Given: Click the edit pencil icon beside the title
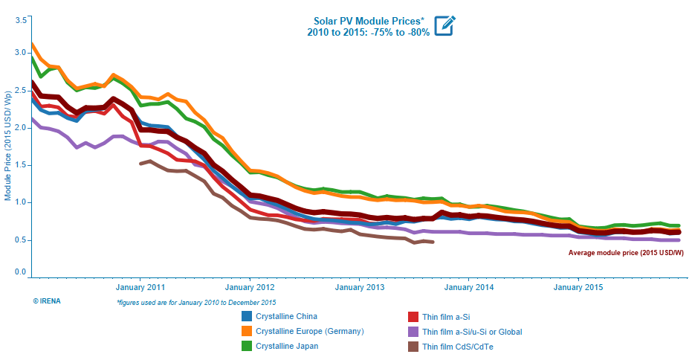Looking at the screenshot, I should coord(444,25).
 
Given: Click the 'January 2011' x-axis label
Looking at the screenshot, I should coord(140,286).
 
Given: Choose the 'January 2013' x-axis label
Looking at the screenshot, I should coord(359,286).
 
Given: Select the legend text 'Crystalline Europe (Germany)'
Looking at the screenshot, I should coord(309,331).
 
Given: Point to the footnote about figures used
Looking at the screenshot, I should coord(196,302).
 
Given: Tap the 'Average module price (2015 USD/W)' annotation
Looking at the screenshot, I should coord(626,253).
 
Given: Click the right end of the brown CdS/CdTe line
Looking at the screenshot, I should coord(433,242).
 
